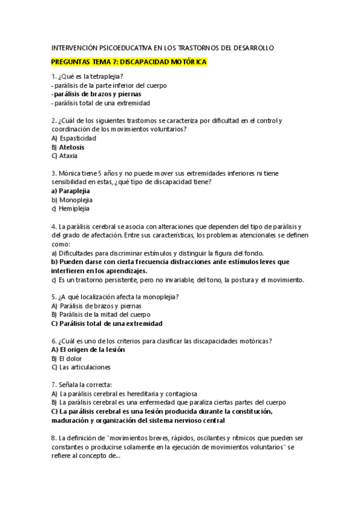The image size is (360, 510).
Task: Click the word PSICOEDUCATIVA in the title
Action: (x=123, y=48)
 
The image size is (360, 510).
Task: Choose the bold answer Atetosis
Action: (x=72, y=147)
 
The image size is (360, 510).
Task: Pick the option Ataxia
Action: (x=69, y=156)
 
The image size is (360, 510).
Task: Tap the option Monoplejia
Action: (x=76, y=200)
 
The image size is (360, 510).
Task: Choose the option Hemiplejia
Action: (x=74, y=209)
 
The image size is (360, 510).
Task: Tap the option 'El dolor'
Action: (x=71, y=358)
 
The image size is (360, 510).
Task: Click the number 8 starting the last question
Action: (x=54, y=438)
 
